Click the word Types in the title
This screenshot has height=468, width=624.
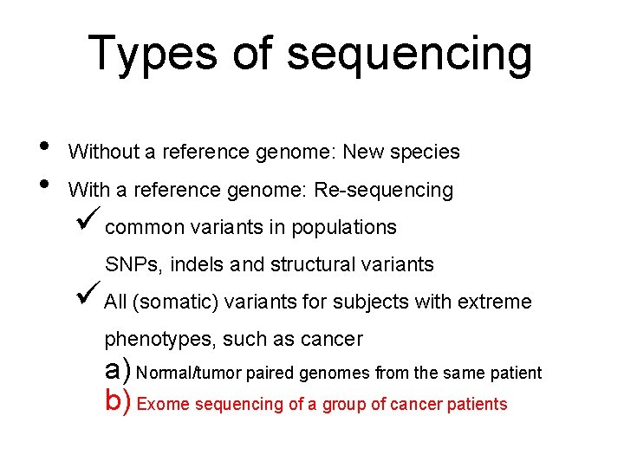(x=152, y=54)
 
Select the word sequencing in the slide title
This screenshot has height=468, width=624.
(x=409, y=54)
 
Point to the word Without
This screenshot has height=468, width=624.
(x=103, y=153)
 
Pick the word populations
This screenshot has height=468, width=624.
(x=344, y=228)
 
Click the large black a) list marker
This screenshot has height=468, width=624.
(x=118, y=370)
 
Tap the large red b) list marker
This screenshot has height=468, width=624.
(x=118, y=401)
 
